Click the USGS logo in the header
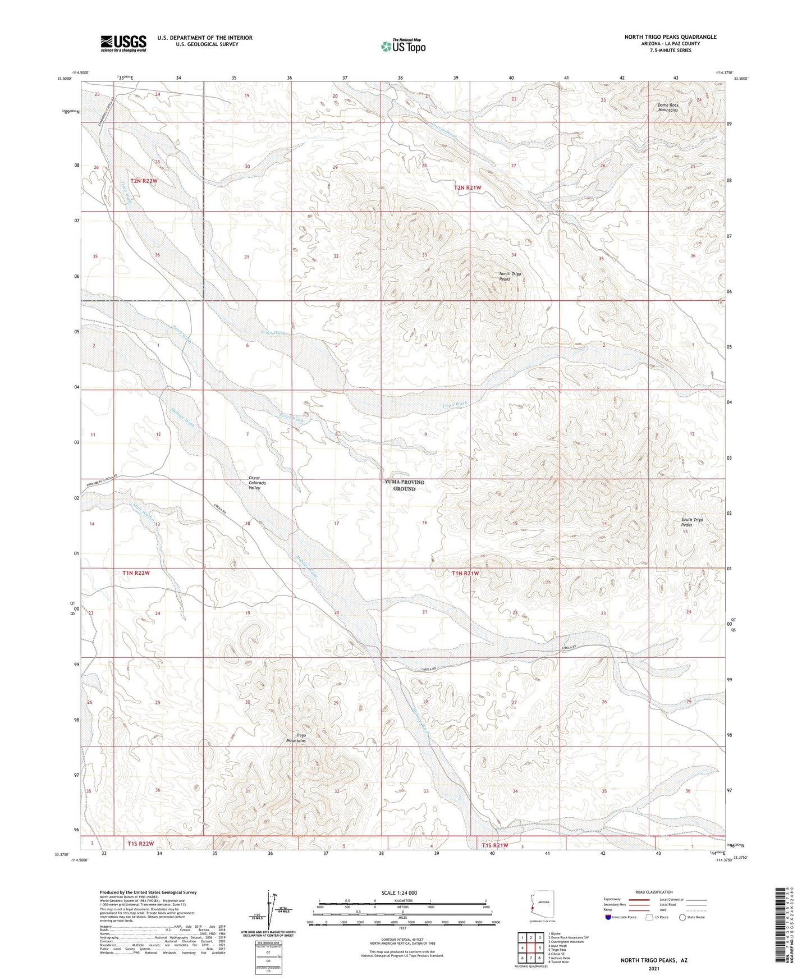[x=123, y=43]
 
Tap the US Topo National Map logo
[x=402, y=45]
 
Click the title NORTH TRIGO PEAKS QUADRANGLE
[x=670, y=37]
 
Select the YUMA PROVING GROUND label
[x=404, y=486]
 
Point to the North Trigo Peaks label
[x=510, y=276]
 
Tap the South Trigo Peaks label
[x=691, y=523]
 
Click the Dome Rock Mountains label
[x=668, y=107]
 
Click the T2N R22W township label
[x=144, y=181]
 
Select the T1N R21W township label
[x=465, y=573]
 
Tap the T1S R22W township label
[x=140, y=844]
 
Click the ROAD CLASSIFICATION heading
[x=654, y=892]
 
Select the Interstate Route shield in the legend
[x=609, y=917]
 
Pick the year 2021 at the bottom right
[x=654, y=968]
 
